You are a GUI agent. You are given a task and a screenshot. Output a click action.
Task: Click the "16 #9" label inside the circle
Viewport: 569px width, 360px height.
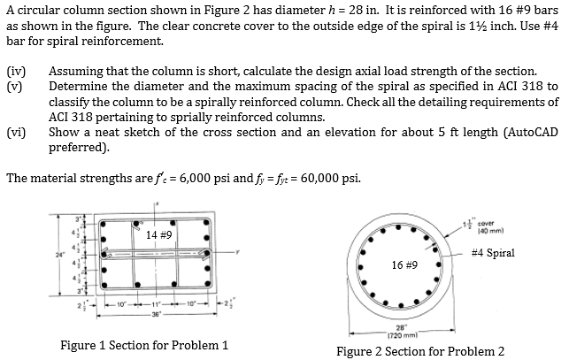point(404,264)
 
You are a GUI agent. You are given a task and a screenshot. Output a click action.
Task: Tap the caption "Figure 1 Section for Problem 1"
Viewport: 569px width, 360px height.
point(143,345)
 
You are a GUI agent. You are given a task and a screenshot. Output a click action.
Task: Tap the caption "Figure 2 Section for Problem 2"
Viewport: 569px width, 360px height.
point(420,351)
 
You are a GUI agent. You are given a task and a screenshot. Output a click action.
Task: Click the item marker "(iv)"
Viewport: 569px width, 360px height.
point(16,71)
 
